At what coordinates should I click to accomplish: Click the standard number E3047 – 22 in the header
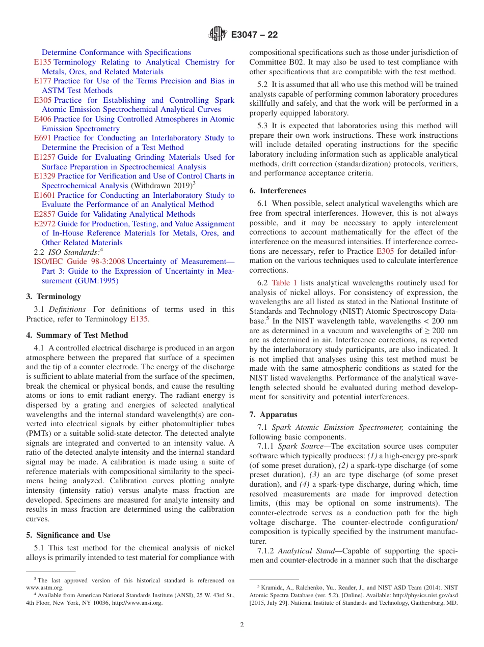point(254,35)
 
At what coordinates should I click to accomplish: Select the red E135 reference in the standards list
point(43,62)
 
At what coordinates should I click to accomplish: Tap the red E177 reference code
point(43,81)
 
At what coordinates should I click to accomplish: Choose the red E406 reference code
point(43,119)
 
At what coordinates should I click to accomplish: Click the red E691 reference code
point(43,138)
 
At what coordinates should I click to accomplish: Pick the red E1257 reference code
point(45,157)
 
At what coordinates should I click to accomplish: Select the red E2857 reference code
point(45,214)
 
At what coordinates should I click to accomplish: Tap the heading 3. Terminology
point(53,297)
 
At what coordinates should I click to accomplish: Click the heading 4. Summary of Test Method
point(77,335)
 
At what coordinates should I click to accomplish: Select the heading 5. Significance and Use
point(68,535)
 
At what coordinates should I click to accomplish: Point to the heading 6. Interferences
point(278,191)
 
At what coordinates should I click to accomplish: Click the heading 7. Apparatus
point(273,415)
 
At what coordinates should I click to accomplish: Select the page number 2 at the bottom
point(242,625)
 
